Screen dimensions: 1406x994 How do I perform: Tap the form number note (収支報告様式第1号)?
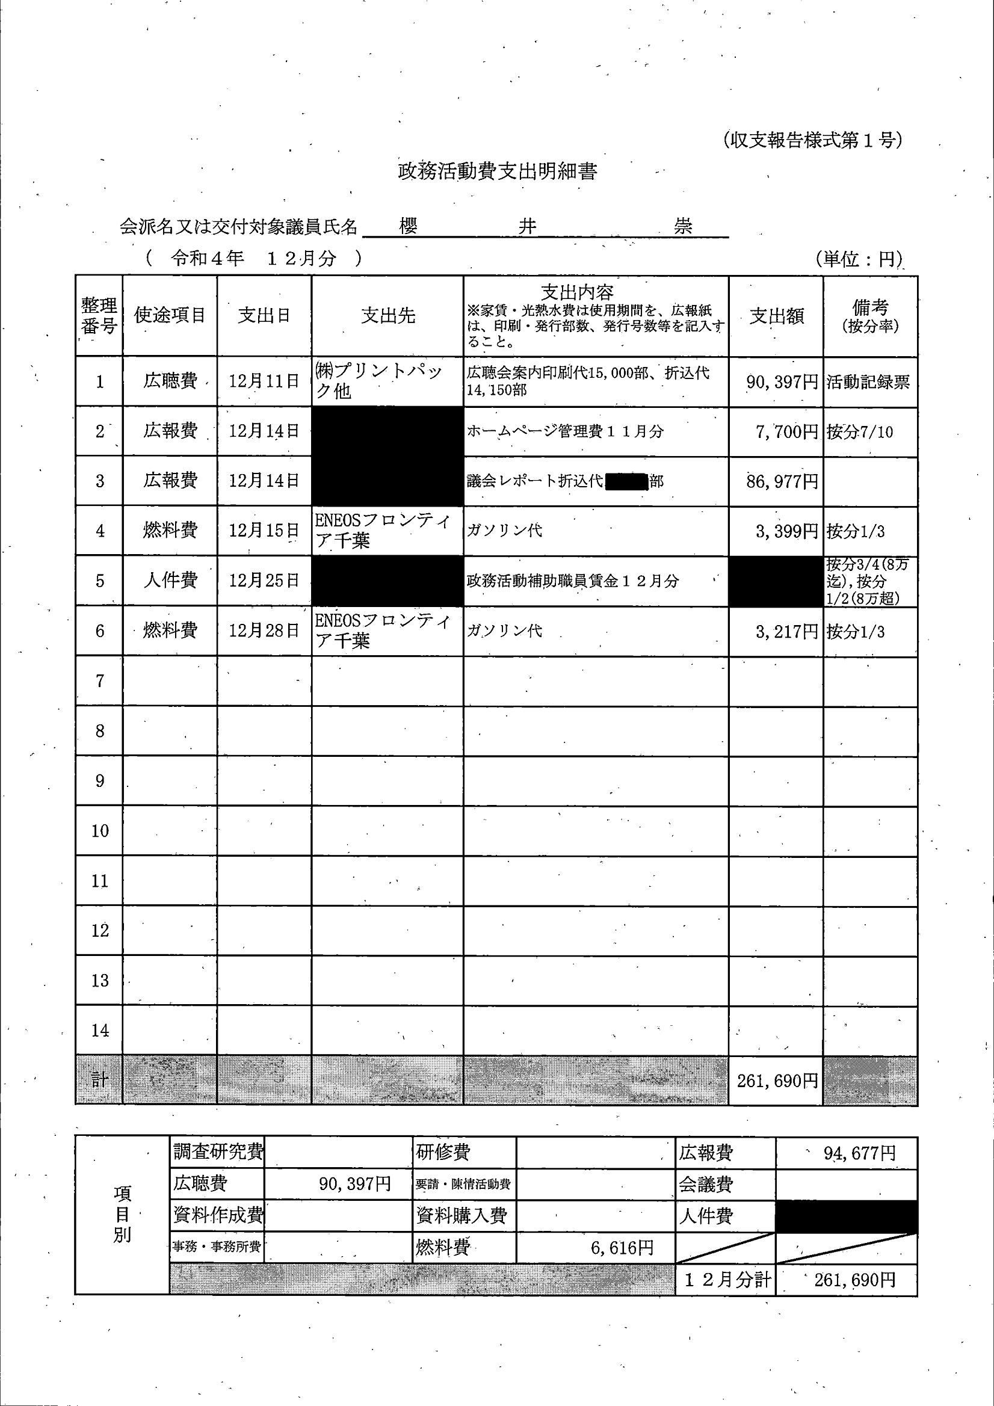[812, 140]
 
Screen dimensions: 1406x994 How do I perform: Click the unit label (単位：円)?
[859, 259]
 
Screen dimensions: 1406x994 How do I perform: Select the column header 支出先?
[387, 315]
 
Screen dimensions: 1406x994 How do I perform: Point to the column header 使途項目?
[170, 315]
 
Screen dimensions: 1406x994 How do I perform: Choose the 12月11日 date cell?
[264, 381]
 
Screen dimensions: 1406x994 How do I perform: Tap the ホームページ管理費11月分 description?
[564, 432]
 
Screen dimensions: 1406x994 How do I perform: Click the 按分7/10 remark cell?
[860, 433]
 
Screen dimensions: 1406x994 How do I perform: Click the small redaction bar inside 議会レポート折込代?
[626, 481]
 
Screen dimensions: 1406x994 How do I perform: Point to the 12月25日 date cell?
[264, 581]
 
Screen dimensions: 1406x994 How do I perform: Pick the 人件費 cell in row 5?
[170, 581]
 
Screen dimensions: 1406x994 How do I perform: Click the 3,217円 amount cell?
[786, 631]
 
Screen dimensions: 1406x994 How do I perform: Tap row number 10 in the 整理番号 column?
[100, 831]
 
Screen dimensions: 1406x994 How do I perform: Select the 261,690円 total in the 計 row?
[777, 1081]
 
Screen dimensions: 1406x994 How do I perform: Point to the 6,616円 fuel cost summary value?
[622, 1247]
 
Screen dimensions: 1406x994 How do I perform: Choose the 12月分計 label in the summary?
[726, 1279]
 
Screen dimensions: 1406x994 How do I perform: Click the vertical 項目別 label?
[123, 1214]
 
